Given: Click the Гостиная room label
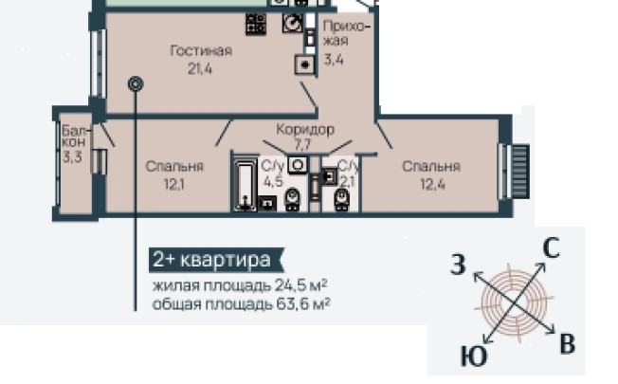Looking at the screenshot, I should pyautogui.click(x=202, y=51).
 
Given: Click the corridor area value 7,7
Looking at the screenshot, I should pyautogui.click(x=303, y=144).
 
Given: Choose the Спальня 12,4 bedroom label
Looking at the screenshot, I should pyautogui.click(x=430, y=167).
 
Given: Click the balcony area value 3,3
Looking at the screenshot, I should pyautogui.click(x=72, y=157).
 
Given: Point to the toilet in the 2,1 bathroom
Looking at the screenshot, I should pyautogui.click(x=341, y=198).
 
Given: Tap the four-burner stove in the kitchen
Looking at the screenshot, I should pyautogui.click(x=255, y=24).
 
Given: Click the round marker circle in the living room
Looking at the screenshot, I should pyautogui.click(x=136, y=83).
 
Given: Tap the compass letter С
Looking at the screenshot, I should pyautogui.click(x=552, y=249).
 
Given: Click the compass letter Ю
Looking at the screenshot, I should pyautogui.click(x=475, y=357).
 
